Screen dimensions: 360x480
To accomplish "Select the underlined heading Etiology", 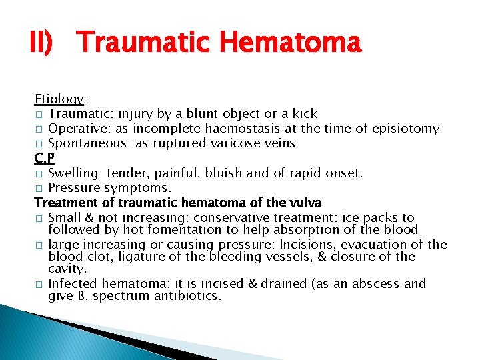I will point(59,99).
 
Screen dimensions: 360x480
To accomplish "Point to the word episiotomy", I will point(405,129).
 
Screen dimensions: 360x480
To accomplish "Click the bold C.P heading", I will point(45,159).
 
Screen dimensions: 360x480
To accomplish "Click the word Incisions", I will point(309,244).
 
